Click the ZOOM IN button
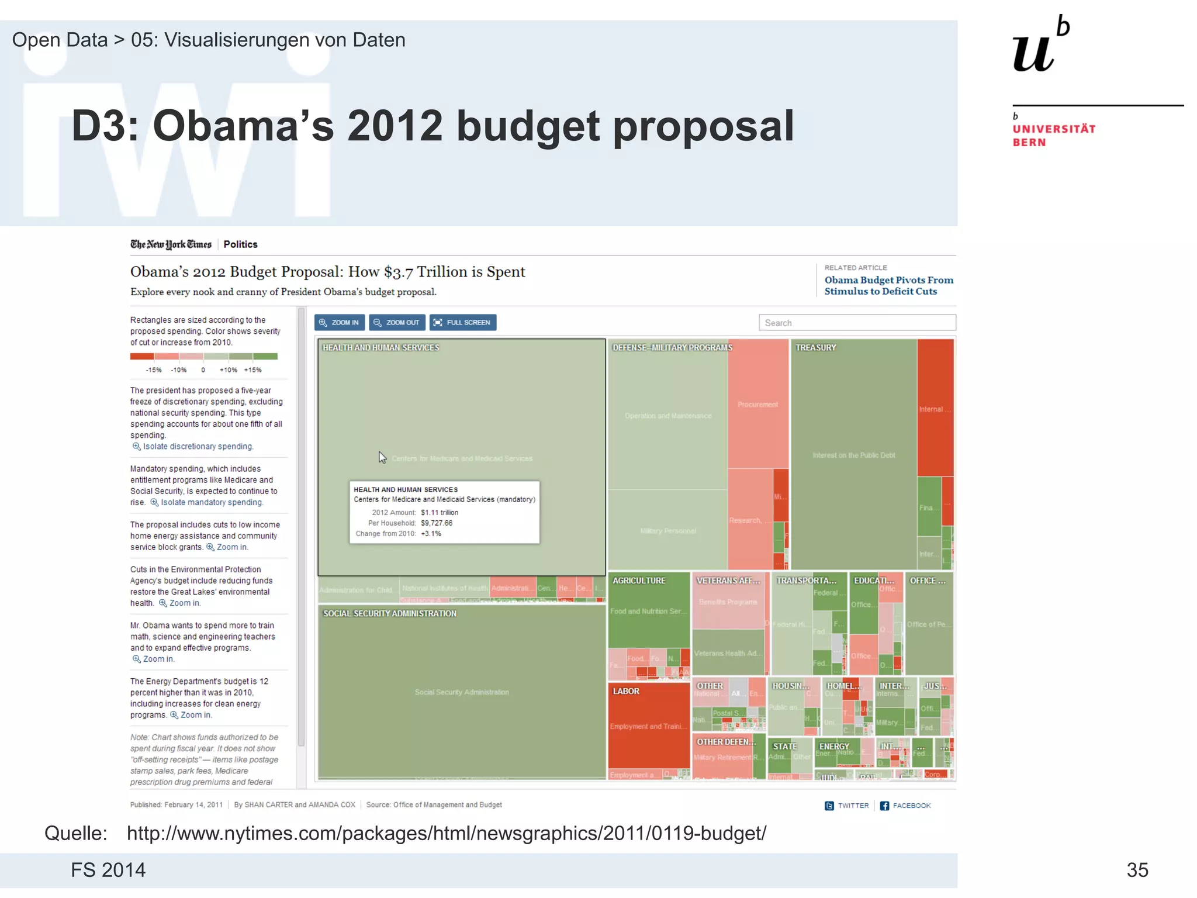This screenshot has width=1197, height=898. point(339,323)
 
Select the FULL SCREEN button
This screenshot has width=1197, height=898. point(462,323)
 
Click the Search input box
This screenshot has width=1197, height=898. point(857,323)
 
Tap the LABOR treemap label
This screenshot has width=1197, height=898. point(625,691)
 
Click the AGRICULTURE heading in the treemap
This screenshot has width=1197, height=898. point(639,581)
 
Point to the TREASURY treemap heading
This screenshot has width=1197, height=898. point(815,348)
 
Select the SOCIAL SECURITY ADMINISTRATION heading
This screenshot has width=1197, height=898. point(390,613)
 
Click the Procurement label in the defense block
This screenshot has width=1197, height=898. point(757,405)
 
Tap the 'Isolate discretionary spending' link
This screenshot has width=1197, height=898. point(198,447)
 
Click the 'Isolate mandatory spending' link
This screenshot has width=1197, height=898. point(211,503)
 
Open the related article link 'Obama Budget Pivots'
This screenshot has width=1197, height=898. point(888,286)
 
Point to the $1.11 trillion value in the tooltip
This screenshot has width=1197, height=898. point(439,513)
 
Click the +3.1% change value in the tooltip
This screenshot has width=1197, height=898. point(431,534)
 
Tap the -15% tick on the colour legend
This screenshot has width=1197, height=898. point(154,370)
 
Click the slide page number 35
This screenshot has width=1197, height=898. point(1137,870)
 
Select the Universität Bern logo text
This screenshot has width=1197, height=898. point(1054,135)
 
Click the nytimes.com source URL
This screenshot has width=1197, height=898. point(446,833)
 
